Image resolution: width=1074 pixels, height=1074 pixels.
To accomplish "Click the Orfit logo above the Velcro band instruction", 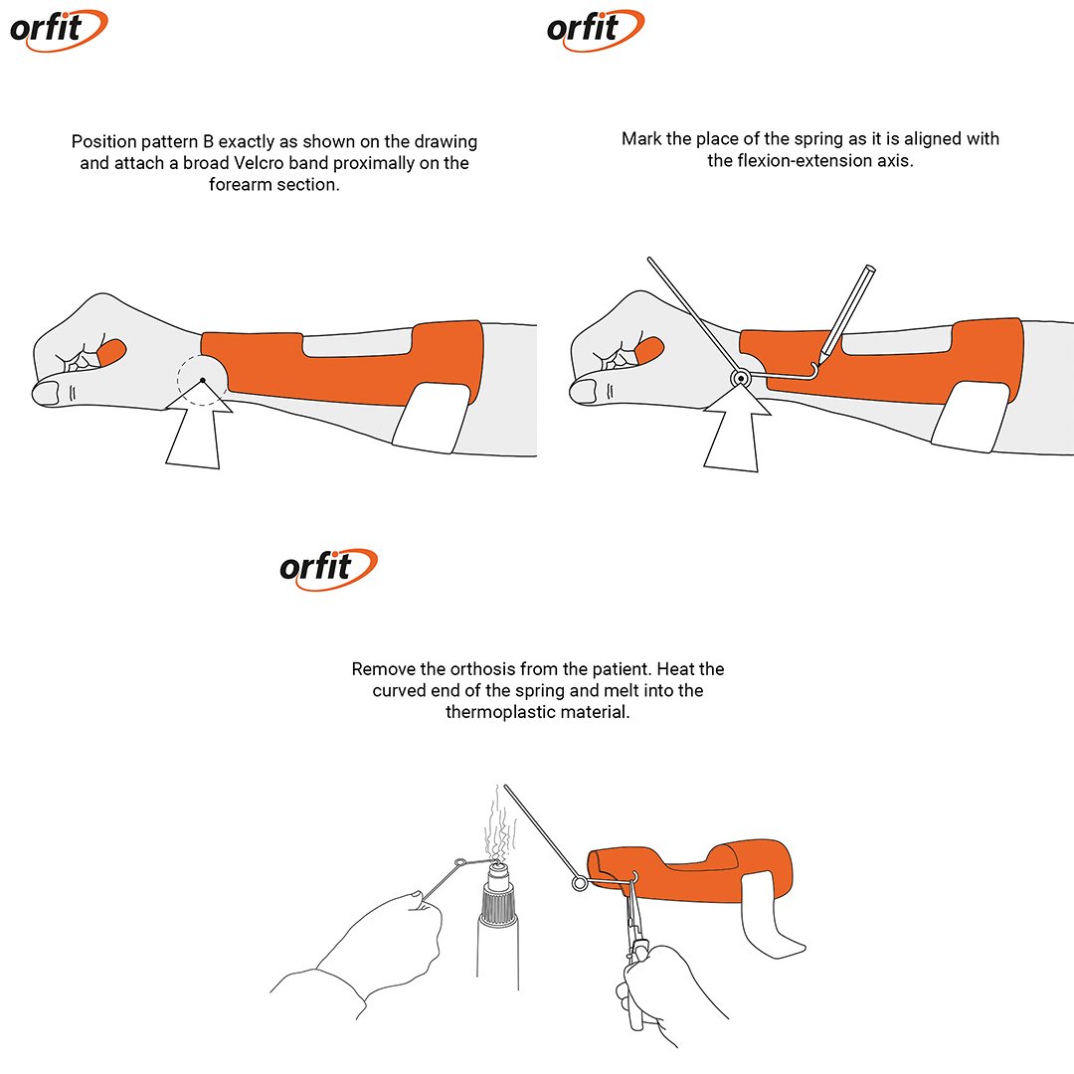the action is tap(59, 30).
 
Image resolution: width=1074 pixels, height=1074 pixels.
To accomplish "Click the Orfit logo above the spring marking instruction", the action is tap(596, 30).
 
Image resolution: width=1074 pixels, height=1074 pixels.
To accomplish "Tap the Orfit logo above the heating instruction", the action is tap(328, 569).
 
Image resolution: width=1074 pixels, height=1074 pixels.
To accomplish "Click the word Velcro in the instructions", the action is tap(256, 163).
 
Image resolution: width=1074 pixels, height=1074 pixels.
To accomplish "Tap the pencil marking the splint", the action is tap(847, 312).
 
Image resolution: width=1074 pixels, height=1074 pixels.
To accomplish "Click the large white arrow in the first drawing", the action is tap(197, 425).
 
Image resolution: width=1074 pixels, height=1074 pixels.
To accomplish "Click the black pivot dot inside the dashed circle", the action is tap(203, 380).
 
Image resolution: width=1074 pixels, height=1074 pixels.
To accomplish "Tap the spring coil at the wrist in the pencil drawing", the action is tap(741, 378).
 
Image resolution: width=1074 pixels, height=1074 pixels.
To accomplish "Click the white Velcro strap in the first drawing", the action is tap(433, 418).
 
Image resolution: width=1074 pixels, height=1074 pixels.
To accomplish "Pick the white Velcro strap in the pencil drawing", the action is tap(971, 417).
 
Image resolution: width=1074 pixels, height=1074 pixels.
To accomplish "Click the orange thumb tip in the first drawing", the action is tap(111, 352).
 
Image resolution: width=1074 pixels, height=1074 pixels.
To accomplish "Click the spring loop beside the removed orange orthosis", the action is tap(580, 884).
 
